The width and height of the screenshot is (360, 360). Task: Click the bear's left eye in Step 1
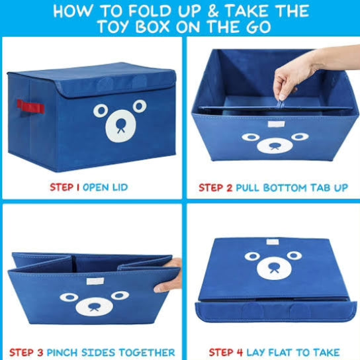(100, 110)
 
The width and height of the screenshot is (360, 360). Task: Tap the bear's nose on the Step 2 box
(273, 145)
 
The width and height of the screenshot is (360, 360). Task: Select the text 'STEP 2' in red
(215, 187)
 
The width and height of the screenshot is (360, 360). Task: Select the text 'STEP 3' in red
(24, 352)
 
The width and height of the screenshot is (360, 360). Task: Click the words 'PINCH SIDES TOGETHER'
(109, 352)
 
